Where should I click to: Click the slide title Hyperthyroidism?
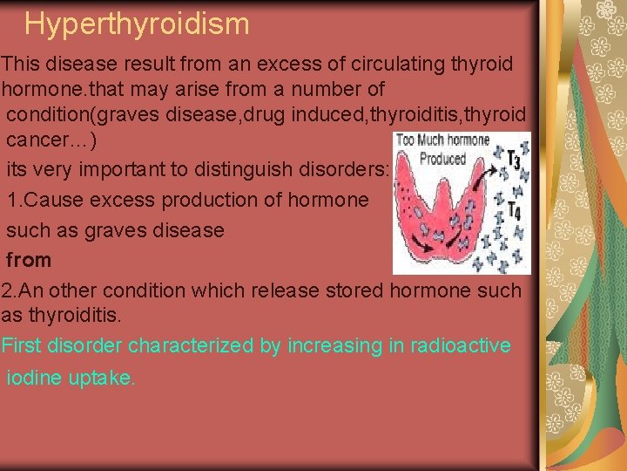click(137, 24)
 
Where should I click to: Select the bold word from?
click(29, 260)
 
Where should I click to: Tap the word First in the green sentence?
click(20, 345)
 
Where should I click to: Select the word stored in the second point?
click(360, 290)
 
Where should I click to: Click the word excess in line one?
click(240, 64)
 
